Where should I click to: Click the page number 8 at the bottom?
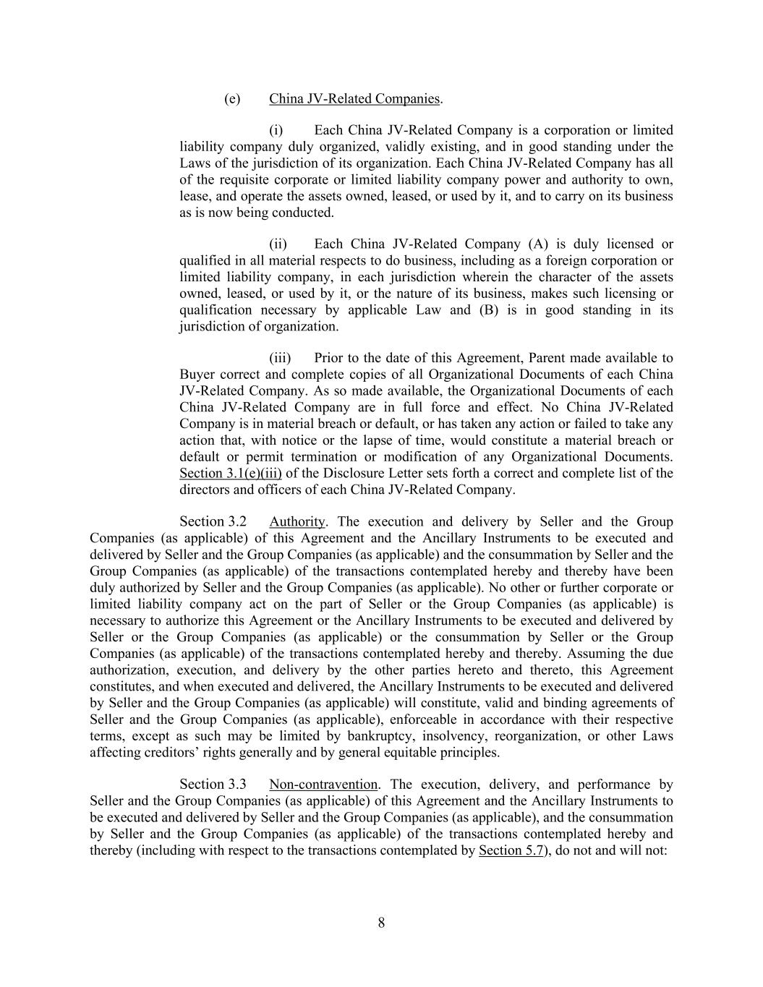coord(381,923)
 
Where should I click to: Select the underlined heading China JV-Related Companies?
coord(354,98)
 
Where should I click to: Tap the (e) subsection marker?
coord(231,98)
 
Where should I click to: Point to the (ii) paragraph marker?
coord(278,244)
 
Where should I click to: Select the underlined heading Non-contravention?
coord(323,785)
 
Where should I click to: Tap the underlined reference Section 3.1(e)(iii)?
coord(231,474)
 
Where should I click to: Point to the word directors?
coord(205,490)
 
